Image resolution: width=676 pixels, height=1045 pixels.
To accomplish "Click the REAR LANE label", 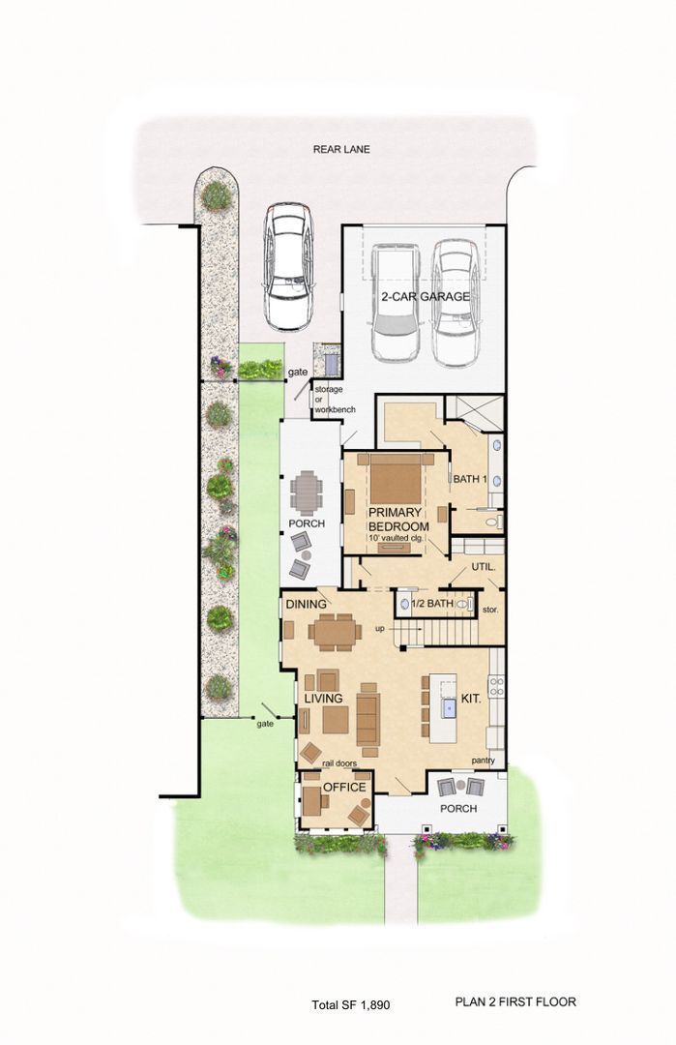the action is coord(341,149).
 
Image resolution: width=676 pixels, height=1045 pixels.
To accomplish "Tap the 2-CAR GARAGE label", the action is coord(425,297).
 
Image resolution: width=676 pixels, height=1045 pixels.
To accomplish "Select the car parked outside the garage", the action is coord(288,267).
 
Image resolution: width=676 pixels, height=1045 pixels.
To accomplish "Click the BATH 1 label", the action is coord(470,479).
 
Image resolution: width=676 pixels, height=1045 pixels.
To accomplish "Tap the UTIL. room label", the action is coord(484,567).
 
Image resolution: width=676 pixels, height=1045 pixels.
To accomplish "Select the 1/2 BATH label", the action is coord(432,603).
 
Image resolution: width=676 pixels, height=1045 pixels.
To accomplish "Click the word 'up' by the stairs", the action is coord(380,629).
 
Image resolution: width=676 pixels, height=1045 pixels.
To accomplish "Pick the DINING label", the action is coord(307,604).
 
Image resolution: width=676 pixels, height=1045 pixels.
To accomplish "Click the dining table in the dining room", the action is coord(335,631).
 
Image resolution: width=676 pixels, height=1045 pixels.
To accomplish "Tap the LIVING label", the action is coord(324,699).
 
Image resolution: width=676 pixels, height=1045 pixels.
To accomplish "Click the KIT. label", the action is coord(471,700).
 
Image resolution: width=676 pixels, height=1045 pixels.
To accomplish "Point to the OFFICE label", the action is coord(344,787).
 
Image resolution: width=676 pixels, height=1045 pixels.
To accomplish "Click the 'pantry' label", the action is coord(483,761).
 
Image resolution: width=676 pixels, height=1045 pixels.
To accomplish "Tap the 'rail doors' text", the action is coord(339,763).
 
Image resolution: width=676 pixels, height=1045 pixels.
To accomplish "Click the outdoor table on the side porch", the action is coord(307,492).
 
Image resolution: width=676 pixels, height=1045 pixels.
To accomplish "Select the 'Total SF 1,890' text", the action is coord(351,1004).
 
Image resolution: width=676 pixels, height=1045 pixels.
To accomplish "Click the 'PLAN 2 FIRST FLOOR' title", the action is coord(515,1001).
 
